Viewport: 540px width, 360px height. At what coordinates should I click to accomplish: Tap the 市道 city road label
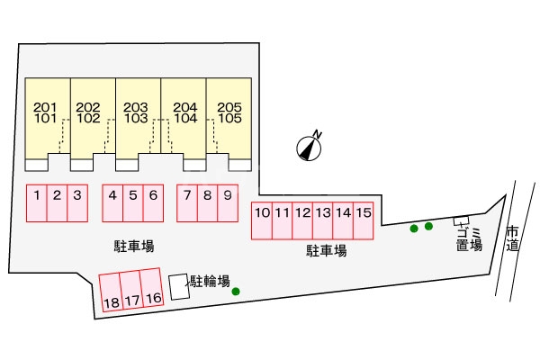(x=512, y=238)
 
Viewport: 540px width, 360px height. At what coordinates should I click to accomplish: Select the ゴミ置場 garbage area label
(x=468, y=238)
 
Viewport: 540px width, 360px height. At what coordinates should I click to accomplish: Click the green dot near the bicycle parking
(x=236, y=292)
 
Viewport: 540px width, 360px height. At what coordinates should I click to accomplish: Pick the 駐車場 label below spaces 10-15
(x=327, y=251)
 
